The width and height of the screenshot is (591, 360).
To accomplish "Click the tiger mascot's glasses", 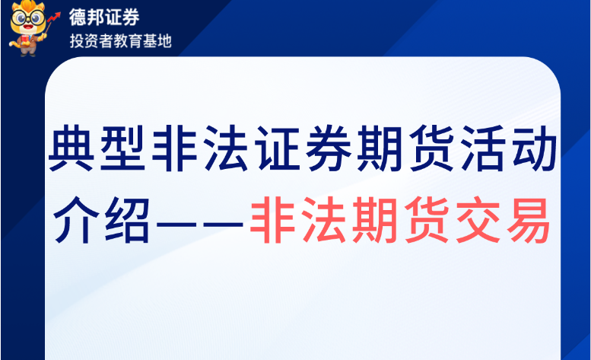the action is click(27, 18).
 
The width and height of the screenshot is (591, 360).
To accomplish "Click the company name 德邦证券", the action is click(104, 17).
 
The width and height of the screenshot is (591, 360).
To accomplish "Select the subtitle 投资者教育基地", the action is click(121, 40).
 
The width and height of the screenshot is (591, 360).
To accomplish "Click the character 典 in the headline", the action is click(71, 148).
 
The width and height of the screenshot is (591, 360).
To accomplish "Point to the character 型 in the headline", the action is click(122, 148).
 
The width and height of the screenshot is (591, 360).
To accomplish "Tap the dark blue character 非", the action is click(174, 148).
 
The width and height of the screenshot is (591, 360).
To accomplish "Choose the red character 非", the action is click(272, 220).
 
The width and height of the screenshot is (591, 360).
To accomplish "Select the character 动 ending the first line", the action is click(535, 148).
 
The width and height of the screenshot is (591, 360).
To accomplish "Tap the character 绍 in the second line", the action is click(128, 220).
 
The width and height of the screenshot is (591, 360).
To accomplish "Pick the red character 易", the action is click(529, 220).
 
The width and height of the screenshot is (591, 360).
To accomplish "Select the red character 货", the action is click(427, 220).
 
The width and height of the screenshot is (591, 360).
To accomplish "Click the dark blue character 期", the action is click(380, 148).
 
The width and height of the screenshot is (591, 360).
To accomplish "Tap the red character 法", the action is click(324, 220).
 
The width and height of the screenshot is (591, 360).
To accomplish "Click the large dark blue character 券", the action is click(329, 148).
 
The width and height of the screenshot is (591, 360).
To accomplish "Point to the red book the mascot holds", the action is click(24, 40).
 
